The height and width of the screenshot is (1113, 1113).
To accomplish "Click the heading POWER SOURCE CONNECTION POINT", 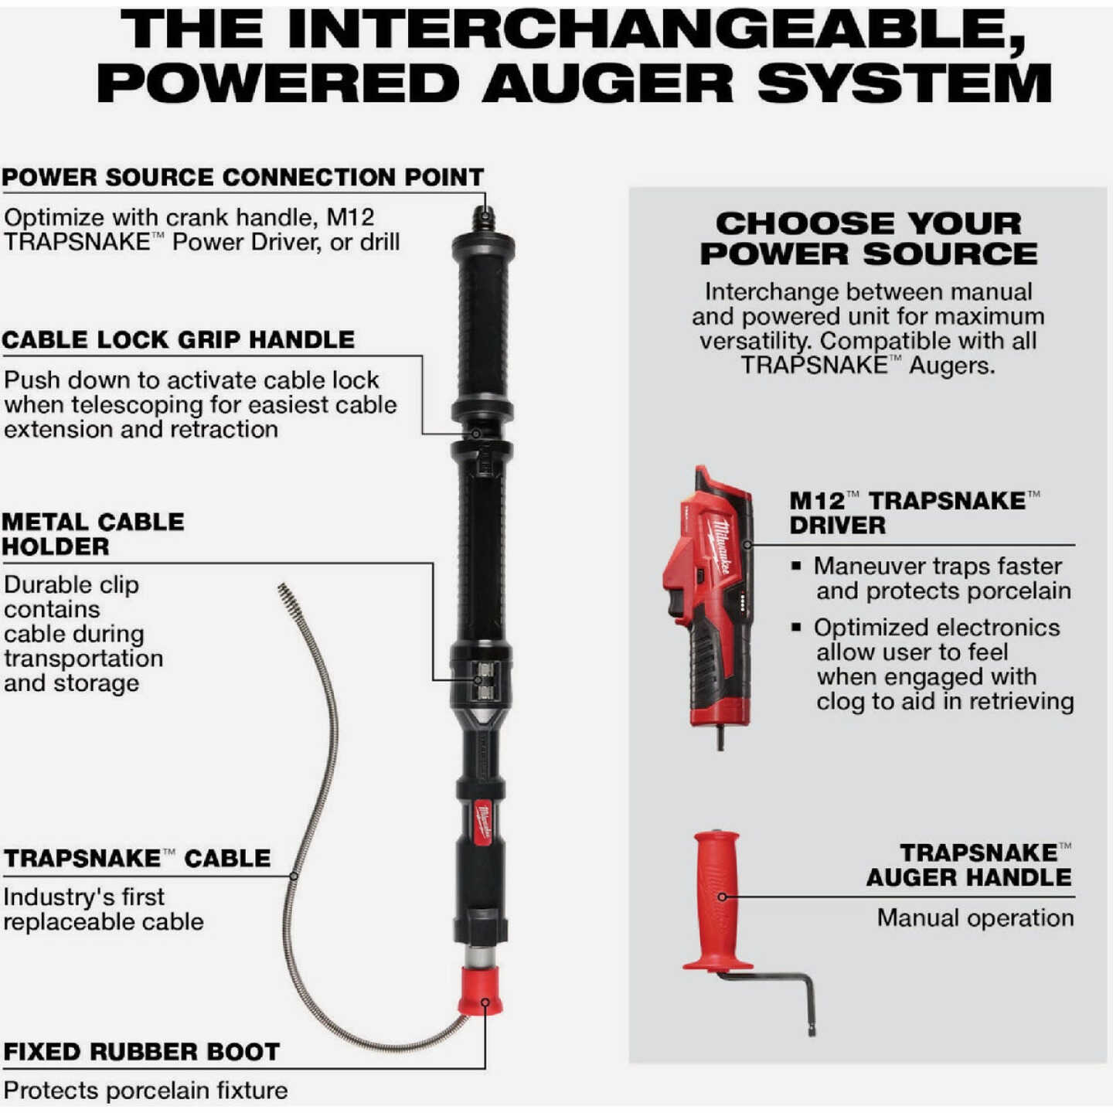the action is click(x=243, y=177).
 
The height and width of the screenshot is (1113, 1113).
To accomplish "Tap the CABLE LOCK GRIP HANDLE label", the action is click(x=178, y=339).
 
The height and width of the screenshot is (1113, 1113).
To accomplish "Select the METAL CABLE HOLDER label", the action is click(x=93, y=534).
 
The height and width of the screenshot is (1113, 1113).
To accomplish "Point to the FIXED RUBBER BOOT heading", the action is click(x=141, y=1052).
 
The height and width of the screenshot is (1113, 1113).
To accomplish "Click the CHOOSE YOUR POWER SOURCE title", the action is click(x=868, y=239).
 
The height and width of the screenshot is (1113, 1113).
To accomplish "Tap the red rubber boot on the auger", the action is click(x=481, y=991).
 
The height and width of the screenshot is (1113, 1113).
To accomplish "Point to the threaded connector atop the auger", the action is click(x=483, y=219).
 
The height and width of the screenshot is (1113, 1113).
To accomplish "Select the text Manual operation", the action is click(x=975, y=917).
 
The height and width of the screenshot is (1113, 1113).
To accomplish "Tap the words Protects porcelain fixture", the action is click(x=145, y=1091).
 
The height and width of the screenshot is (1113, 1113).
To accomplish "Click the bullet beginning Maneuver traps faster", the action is click(x=931, y=579).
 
